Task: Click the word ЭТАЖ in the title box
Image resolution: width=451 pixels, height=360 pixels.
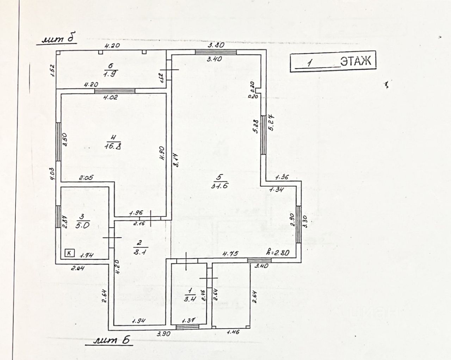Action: pyautogui.click(x=356, y=61)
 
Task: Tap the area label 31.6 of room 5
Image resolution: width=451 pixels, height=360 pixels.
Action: pyautogui.click(x=218, y=186)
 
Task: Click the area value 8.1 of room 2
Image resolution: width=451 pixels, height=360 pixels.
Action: pyautogui.click(x=137, y=252)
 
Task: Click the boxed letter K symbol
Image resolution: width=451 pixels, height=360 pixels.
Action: pyautogui.click(x=70, y=253)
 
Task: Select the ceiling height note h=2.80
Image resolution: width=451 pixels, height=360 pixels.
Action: pyautogui.click(x=278, y=253)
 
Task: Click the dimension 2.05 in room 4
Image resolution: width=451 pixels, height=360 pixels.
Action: pyautogui.click(x=86, y=178)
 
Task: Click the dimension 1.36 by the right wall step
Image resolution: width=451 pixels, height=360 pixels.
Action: pyautogui.click(x=281, y=177)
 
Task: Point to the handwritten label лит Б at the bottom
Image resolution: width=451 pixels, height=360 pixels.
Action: pyautogui.click(x=113, y=341)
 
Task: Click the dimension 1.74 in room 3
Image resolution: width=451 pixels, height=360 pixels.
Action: pyautogui.click(x=86, y=256)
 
